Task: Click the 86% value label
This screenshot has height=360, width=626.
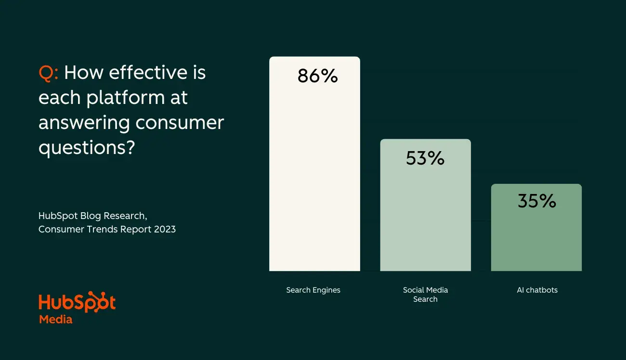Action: pyautogui.click(x=317, y=76)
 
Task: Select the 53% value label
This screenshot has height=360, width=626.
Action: pyautogui.click(x=425, y=158)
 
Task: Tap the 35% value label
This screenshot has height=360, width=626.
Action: pyautogui.click(x=536, y=201)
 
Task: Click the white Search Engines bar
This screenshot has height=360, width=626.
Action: pyautogui.click(x=314, y=183)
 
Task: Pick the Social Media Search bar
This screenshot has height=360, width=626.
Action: pyautogui.click(x=425, y=221)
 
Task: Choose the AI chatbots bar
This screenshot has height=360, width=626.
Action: pyautogui.click(x=536, y=241)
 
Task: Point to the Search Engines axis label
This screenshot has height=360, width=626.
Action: pyautogui.click(x=313, y=290)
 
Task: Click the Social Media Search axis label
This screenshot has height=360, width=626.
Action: pyautogui.click(x=425, y=295)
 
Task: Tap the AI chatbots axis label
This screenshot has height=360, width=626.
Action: pyautogui.click(x=537, y=290)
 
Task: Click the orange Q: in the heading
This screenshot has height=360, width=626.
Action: pyautogui.click(x=49, y=73)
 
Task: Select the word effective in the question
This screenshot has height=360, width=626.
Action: pyautogui.click(x=147, y=73)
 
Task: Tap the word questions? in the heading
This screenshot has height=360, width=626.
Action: pyautogui.click(x=86, y=148)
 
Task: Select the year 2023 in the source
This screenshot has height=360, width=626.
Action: pyautogui.click(x=165, y=230)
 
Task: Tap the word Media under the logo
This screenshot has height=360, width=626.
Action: pyautogui.click(x=55, y=319)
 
